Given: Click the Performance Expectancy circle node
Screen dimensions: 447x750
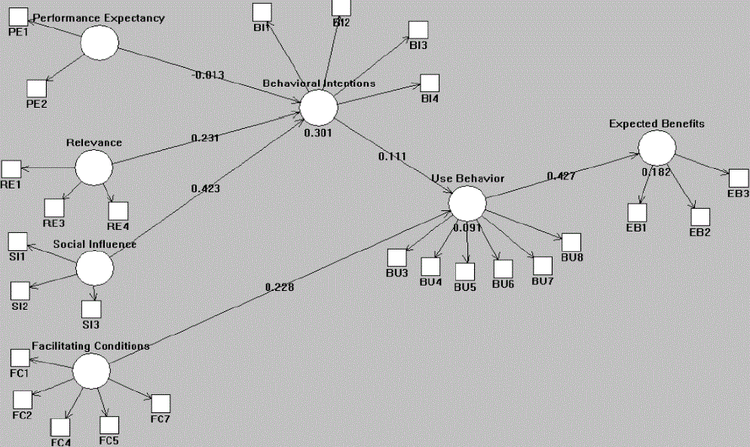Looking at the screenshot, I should pyautogui.click(x=99, y=42).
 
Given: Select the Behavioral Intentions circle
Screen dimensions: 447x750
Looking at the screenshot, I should pyautogui.click(x=318, y=107).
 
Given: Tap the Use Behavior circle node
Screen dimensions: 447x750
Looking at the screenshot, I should pyautogui.click(x=467, y=203).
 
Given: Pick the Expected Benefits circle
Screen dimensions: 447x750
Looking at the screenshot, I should pyautogui.click(x=657, y=147).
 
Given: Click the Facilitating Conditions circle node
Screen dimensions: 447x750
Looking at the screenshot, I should pyautogui.click(x=90, y=372).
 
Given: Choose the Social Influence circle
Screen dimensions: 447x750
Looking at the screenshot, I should pyautogui.click(x=95, y=268).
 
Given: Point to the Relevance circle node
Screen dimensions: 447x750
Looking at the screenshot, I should pyautogui.click(x=93, y=167).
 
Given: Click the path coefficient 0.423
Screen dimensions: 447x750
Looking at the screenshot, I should pyautogui.click(x=206, y=188).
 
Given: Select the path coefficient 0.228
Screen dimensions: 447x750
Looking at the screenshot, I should pyautogui.click(x=280, y=286).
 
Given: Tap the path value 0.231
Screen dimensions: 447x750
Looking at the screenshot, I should pyautogui.click(x=206, y=138).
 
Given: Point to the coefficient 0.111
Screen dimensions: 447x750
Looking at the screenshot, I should pyautogui.click(x=392, y=156).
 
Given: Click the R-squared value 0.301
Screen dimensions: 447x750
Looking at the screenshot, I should pyautogui.click(x=318, y=132).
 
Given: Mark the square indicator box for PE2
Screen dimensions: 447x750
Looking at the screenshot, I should pyautogui.click(x=36, y=90).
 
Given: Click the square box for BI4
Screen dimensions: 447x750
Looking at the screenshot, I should pyautogui.click(x=430, y=84).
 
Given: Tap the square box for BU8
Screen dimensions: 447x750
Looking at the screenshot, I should pyautogui.click(x=571, y=242).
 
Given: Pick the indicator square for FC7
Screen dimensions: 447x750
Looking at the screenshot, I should pyautogui.click(x=161, y=404).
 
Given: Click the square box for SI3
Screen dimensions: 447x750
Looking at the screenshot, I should pyautogui.click(x=91, y=309).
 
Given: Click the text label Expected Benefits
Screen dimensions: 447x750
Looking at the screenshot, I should pyautogui.click(x=657, y=123).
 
